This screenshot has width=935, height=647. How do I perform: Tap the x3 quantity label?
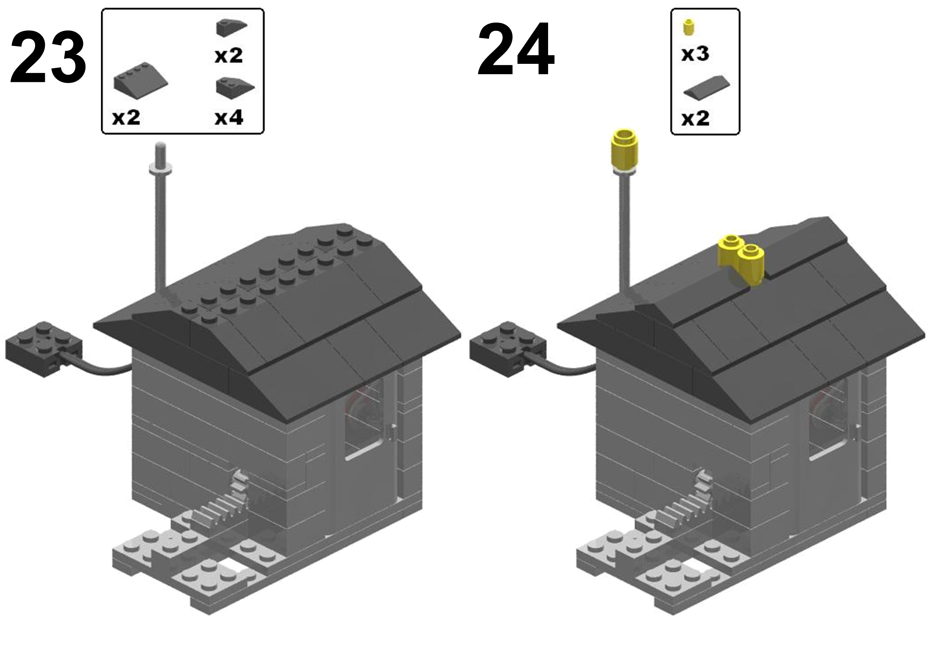[x=695, y=54]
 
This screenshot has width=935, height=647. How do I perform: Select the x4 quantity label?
[x=229, y=118]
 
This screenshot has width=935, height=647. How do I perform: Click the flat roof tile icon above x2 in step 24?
[x=707, y=86]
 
